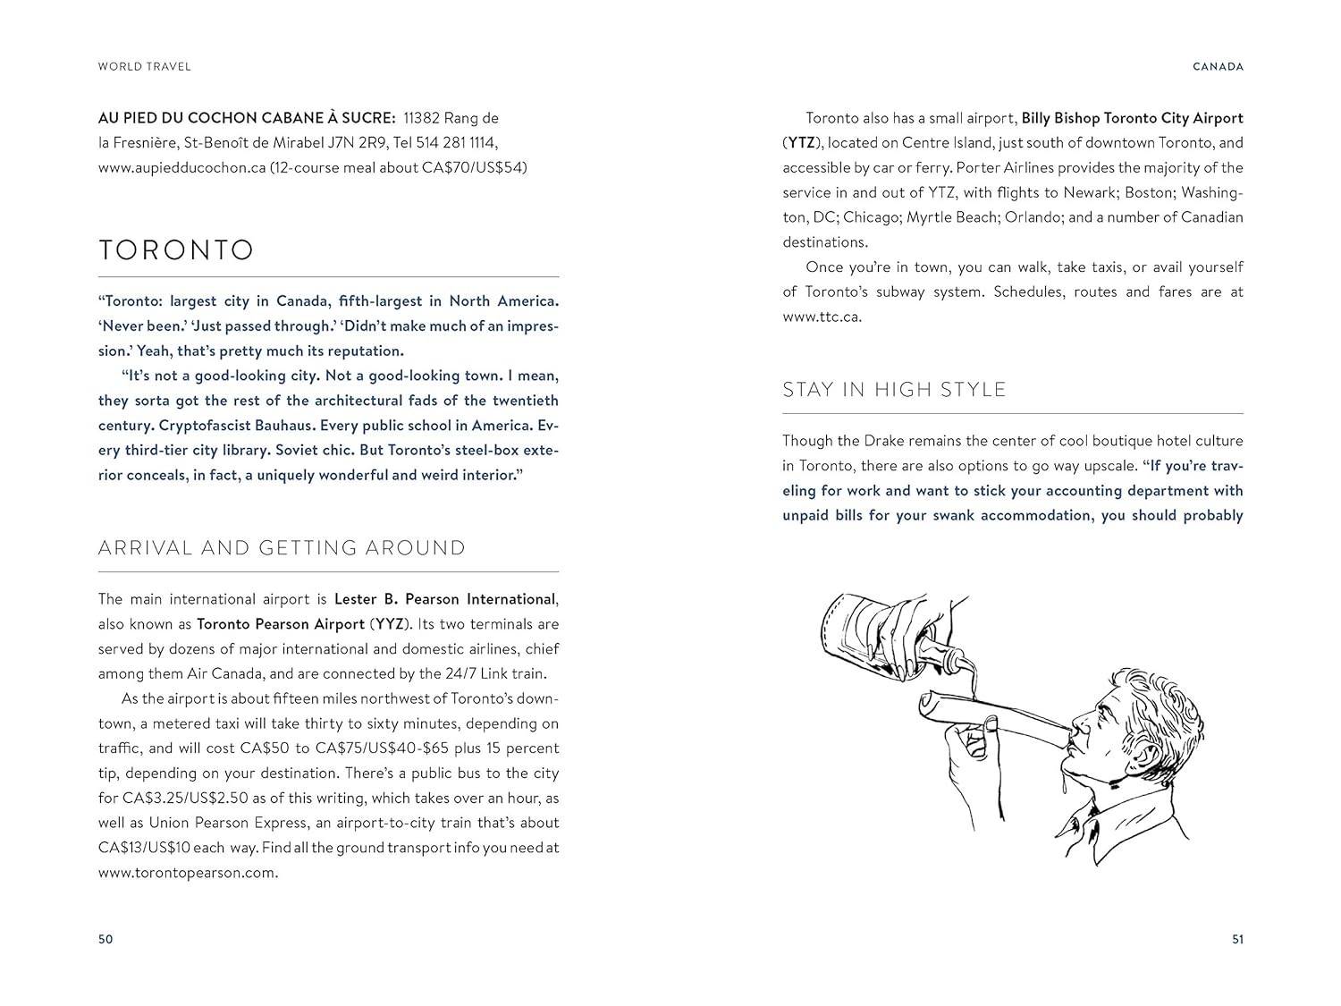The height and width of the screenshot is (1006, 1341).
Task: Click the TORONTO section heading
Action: (x=176, y=249)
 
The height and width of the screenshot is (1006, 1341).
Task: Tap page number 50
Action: (x=105, y=939)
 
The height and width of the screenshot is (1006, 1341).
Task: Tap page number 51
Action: (x=1237, y=939)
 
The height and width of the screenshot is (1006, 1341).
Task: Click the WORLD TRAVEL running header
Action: (x=145, y=66)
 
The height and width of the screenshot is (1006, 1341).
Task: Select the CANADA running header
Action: (x=1219, y=66)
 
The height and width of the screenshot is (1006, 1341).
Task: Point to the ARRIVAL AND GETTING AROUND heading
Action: (x=282, y=548)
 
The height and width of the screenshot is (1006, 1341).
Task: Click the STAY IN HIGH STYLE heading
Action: (x=894, y=390)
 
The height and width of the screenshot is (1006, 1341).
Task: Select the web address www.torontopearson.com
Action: (x=187, y=873)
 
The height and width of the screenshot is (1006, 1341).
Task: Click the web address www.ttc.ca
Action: (x=821, y=317)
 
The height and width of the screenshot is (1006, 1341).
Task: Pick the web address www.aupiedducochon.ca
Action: (x=181, y=167)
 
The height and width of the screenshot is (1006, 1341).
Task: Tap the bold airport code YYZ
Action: (x=389, y=624)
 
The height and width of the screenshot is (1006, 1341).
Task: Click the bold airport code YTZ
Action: (x=800, y=143)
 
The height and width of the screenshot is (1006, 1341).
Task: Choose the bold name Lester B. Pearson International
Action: (x=445, y=599)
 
